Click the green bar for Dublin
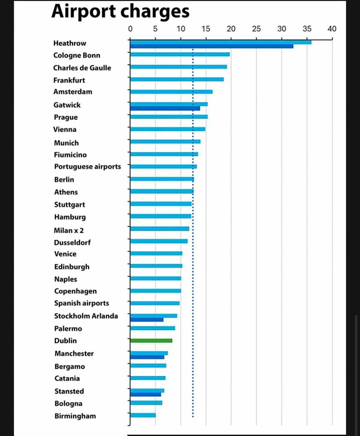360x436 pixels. point(151,341)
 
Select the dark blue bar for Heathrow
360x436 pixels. point(211,46)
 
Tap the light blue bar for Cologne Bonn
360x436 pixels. point(180,54)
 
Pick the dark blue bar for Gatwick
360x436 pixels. point(165,109)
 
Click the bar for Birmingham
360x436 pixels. point(143,415)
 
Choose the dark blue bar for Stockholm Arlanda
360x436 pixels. point(146,320)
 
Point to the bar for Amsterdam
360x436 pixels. point(171,92)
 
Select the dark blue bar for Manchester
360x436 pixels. point(147,357)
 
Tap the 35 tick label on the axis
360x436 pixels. point(307,29)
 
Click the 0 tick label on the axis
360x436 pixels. point(130,29)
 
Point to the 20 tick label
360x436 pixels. point(231,29)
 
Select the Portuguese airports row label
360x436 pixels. point(88,166)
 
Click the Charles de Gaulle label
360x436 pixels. point(82,68)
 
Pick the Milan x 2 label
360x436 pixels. point(69,230)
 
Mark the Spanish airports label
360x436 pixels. point(82,303)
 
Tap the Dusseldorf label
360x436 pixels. point(72,242)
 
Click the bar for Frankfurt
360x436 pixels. point(177,79)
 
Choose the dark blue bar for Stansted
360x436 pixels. point(146,394)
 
